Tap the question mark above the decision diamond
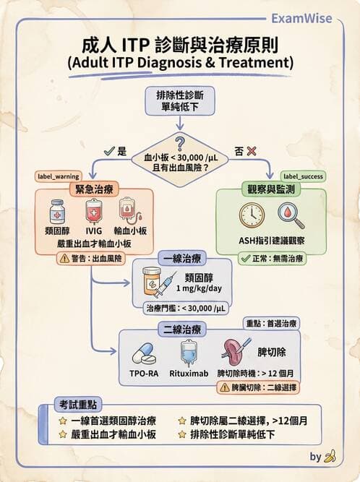point(180,142)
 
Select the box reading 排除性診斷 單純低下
point(180,103)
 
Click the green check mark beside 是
point(108,152)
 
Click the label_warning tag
point(58,176)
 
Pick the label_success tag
point(302,176)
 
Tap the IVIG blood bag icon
point(94,212)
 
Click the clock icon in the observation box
point(252,215)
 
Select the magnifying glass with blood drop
point(291,215)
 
